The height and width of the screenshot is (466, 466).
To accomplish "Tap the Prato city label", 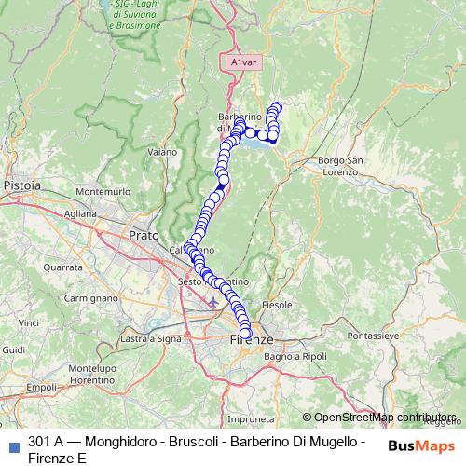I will pos(144,235).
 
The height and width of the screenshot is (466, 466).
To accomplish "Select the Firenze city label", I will pos(249,342).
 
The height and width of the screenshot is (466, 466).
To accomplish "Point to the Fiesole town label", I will pos(280,305).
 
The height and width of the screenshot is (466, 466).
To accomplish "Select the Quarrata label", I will pos(62,267).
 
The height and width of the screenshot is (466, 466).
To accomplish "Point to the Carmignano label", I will pos(89,297).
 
